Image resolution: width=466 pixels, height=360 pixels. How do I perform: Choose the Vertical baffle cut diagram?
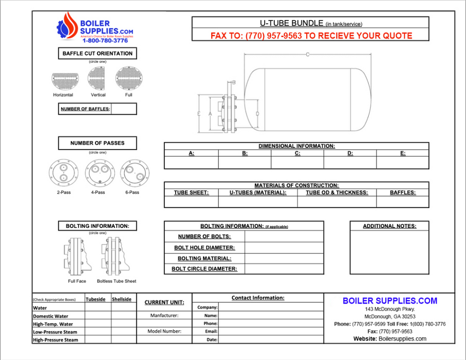tap(98, 79)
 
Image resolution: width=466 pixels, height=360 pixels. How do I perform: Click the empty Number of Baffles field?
tap(123, 109)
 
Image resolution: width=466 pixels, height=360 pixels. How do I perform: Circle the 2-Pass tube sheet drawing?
tap(63, 172)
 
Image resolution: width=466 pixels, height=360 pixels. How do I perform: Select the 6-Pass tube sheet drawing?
tap(133, 172)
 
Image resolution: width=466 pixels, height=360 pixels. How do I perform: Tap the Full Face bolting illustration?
tap(77, 257)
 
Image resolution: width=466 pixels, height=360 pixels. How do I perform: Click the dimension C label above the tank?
tap(307, 54)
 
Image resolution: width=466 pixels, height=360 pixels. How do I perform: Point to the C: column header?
tap(297, 153)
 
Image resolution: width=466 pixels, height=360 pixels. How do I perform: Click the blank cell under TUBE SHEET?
tap(191, 202)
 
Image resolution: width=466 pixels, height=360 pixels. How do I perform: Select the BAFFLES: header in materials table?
tap(402, 192)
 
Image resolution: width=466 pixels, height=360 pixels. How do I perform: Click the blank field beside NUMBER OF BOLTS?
tap(284, 237)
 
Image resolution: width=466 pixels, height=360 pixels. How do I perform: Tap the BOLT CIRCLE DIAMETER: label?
tap(204, 268)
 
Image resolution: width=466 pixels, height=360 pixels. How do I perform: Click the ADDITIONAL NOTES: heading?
tap(389, 226)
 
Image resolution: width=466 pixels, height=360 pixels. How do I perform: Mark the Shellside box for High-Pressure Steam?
tap(122, 339)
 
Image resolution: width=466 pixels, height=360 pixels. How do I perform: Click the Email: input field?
tap(271, 332)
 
